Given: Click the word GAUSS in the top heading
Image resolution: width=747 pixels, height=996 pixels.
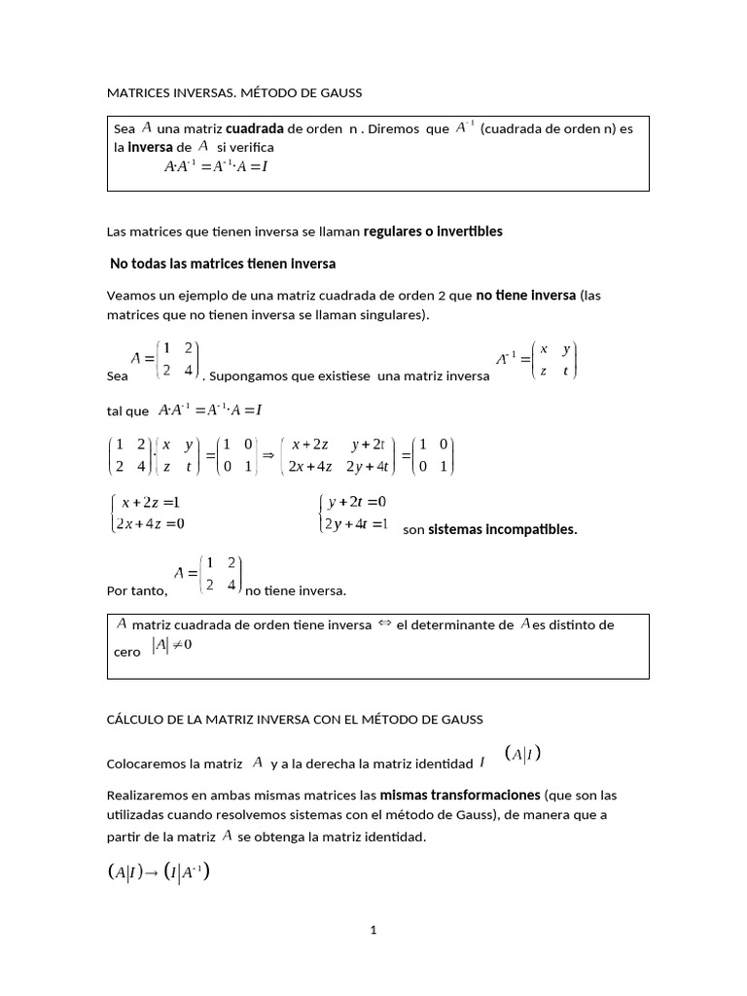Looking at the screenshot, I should click(x=337, y=93).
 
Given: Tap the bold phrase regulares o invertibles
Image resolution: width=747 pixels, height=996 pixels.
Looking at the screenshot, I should click(x=433, y=231).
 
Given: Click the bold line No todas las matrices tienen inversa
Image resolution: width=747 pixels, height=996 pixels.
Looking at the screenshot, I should click(x=223, y=264).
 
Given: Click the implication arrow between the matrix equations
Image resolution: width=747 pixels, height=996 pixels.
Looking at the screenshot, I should click(x=269, y=455).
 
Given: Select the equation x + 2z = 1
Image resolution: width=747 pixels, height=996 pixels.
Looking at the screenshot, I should click(x=151, y=502).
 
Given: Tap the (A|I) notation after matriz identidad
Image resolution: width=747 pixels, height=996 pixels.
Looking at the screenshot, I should click(x=522, y=754).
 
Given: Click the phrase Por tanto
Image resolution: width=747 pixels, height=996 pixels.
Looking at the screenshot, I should click(x=136, y=590).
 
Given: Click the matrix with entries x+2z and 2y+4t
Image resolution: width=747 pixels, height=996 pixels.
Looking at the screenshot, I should click(x=338, y=455).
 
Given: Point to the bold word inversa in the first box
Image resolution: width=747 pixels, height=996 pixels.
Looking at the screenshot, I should click(x=151, y=147).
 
